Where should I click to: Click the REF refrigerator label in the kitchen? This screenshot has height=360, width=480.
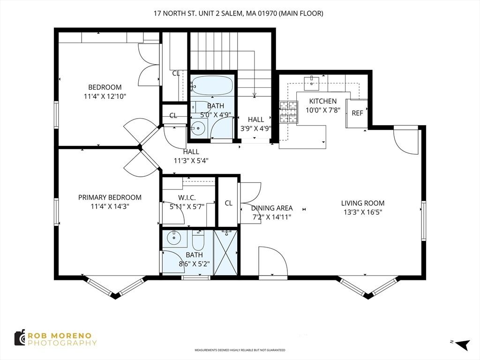point(357,113)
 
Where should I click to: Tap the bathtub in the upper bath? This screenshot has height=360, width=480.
point(212,86)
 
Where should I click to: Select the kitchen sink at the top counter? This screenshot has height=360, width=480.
point(312,83)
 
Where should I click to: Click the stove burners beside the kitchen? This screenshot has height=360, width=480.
point(289,112)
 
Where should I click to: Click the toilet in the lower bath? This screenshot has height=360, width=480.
point(198,241)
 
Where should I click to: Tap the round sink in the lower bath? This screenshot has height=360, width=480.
point(174,238)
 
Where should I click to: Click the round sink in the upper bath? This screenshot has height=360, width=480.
point(199,127)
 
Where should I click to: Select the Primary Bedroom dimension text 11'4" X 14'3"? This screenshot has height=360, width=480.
point(110,206)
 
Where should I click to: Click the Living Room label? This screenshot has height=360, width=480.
point(362,203)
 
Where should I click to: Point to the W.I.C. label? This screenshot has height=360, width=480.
point(187,197)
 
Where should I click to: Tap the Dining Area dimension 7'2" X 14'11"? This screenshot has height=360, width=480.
point(272,217)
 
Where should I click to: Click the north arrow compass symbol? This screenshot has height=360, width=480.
point(461,345)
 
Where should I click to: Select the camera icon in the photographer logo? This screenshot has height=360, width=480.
point(19,338)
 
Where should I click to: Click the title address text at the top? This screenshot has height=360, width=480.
point(239,14)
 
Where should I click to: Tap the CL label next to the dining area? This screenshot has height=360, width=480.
point(228,203)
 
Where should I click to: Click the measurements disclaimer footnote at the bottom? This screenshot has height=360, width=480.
point(240,350)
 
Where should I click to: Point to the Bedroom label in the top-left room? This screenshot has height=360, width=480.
point(105,87)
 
